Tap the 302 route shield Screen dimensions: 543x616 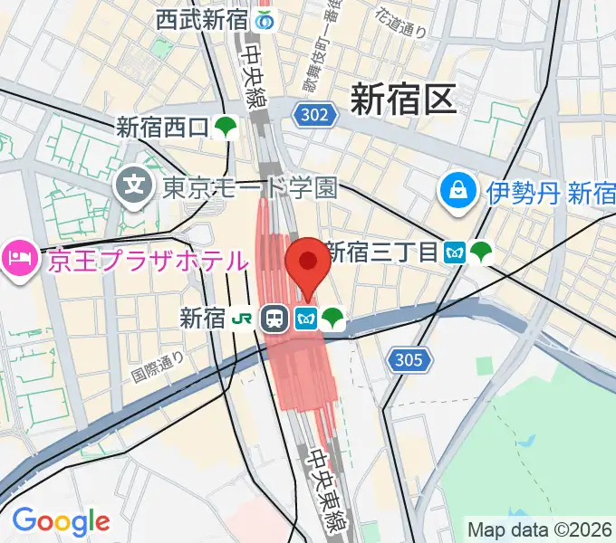click(316, 113)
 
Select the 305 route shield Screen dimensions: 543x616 click(409, 361)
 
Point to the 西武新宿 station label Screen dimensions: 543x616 click(201, 18)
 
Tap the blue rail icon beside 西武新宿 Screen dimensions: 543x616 click(265, 18)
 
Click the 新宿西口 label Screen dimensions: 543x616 click(163, 129)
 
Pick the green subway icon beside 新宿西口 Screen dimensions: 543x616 click(226, 129)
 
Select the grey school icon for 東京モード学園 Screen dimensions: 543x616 click(135, 187)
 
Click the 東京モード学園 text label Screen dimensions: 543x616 click(250, 187)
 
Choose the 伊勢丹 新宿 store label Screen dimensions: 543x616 click(551, 192)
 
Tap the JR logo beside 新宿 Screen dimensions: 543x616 click(241, 318)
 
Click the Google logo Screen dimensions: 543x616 click(61, 521)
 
